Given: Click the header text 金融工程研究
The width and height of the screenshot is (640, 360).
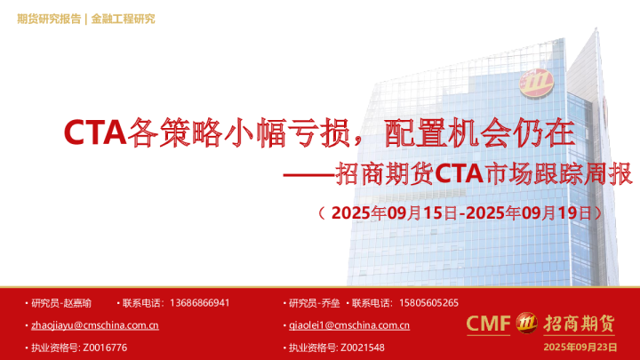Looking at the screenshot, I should point(124,19).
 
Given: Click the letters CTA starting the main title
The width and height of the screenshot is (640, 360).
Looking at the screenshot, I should point(95,133).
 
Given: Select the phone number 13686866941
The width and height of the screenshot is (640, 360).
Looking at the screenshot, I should point(198,302).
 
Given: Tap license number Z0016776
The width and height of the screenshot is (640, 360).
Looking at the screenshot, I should point(104,347).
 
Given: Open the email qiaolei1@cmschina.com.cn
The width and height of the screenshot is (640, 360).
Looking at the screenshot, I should point(349,325).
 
